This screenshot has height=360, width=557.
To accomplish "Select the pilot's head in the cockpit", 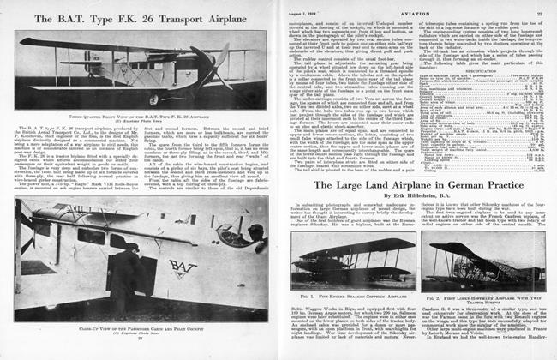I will click(x=255, y=235).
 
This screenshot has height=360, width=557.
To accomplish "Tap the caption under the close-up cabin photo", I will click(x=141, y=328).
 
